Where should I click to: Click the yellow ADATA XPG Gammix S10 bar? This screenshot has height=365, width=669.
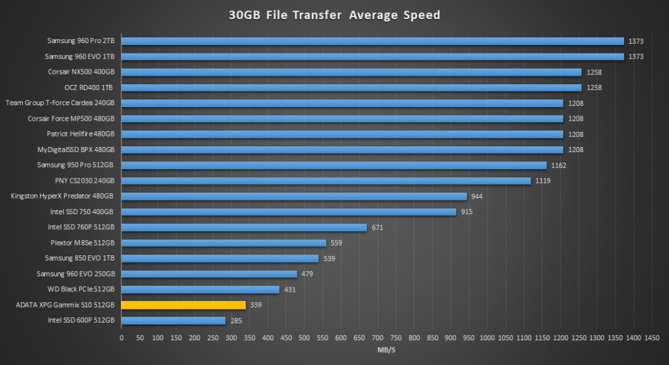pyautogui.click(x=184, y=305)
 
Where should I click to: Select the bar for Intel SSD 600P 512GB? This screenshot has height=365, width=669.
pyautogui.click(x=174, y=321)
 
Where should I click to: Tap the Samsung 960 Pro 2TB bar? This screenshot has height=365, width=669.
pyautogui.click(x=373, y=41)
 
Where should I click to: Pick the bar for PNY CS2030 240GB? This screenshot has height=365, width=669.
pyautogui.click(x=326, y=181)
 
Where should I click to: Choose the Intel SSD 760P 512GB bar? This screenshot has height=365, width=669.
pyautogui.click(x=244, y=227)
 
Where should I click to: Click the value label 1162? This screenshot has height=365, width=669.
pyautogui.click(x=559, y=165)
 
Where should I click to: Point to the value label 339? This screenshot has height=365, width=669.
pyautogui.click(x=256, y=305)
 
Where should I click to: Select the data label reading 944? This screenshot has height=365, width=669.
pyautogui.click(x=477, y=196)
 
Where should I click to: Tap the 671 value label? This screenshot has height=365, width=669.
pyautogui.click(x=377, y=227)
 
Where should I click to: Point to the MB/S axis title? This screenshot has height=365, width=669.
pyautogui.click(x=387, y=350)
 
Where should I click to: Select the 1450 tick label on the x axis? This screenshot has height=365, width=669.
pyautogui.click(x=651, y=338)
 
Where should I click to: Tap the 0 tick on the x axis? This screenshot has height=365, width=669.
pyautogui.click(x=122, y=338)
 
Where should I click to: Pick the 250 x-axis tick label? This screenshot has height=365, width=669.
pyautogui.click(x=213, y=338)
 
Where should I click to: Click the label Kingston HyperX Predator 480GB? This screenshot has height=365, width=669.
pyautogui.click(x=62, y=196)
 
